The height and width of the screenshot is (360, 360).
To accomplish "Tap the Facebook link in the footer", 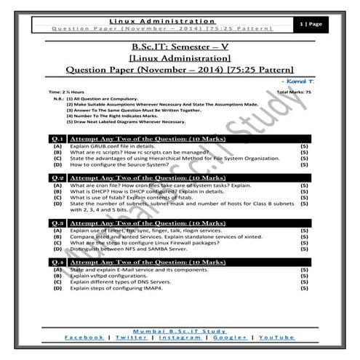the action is [85, 337].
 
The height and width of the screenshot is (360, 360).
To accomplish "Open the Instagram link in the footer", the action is [180, 337].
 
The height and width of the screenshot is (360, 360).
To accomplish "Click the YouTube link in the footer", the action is [276, 337].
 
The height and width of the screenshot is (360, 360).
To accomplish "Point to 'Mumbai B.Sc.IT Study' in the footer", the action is [180, 329].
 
